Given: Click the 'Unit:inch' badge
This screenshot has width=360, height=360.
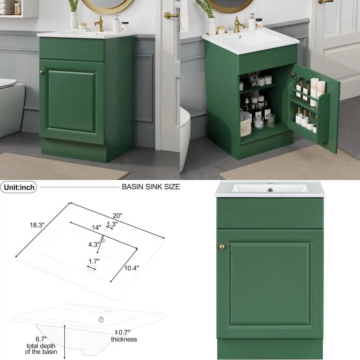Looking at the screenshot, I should point(20,187).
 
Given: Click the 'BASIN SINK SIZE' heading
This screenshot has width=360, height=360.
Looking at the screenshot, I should point(151,187).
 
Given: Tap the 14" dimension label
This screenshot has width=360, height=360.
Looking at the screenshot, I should point(96,227).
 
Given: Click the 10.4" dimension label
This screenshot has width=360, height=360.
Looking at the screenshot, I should point(131,267).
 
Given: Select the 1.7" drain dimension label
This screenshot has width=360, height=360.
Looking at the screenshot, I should point(94,261).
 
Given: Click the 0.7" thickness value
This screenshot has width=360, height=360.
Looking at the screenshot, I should point(124,332).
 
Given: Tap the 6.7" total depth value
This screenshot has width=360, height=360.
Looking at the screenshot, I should point(41,339).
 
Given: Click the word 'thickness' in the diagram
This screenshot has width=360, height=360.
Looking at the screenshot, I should point(124,339).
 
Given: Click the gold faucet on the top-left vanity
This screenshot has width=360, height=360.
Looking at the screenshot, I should point(98,23).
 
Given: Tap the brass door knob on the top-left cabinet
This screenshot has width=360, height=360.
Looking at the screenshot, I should point(41,72).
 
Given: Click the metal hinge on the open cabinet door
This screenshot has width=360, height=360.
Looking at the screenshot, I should point(292,75).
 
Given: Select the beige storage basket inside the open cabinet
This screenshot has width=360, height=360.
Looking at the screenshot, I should point(246,126).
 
